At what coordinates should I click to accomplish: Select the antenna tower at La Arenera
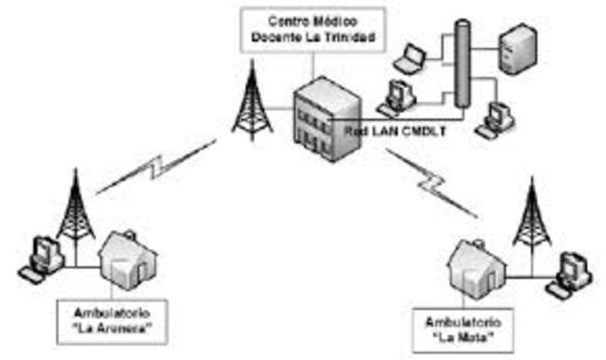click(76, 208)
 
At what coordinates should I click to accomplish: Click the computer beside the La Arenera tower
click(42, 253)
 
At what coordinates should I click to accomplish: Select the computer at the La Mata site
click(570, 270)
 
